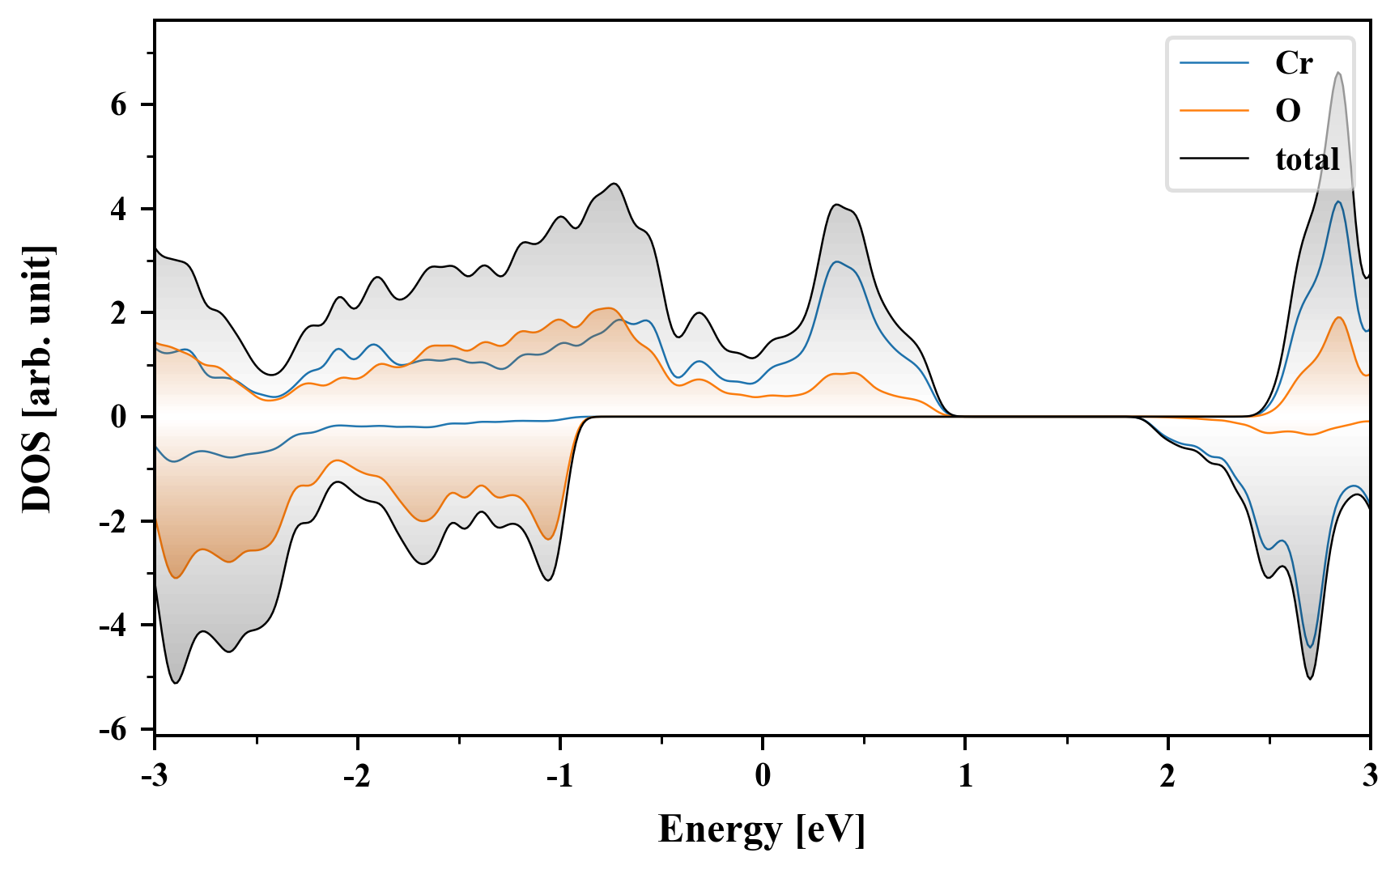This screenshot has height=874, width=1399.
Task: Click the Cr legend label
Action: coord(1293,63)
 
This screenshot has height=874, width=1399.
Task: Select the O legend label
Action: coord(1287,110)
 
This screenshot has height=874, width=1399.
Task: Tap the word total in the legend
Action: coord(1308,159)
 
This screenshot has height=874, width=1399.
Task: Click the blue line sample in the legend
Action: coord(1214,63)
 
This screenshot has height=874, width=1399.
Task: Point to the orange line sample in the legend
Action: coord(1214,110)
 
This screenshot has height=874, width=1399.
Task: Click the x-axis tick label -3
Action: coord(154,776)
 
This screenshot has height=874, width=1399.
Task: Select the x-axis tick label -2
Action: coord(356,776)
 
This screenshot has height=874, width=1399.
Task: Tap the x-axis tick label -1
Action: coord(559,776)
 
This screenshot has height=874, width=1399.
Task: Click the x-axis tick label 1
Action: coord(965,776)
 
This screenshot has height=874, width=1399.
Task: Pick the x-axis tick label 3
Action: coord(1370,776)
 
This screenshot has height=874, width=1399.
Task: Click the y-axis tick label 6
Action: coord(120,104)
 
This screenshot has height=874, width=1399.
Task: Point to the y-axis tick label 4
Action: coord(120,209)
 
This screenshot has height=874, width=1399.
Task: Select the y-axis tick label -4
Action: coord(113,625)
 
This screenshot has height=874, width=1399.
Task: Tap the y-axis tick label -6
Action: coord(113,729)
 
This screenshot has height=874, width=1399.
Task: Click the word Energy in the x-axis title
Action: coord(720,830)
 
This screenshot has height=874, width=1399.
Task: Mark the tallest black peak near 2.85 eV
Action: coord(1338,74)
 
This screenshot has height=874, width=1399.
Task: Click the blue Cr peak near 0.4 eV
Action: coord(836,262)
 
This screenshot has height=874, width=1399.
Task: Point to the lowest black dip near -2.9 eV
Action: coord(176,682)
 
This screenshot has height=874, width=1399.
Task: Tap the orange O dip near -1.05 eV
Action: coord(548,538)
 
